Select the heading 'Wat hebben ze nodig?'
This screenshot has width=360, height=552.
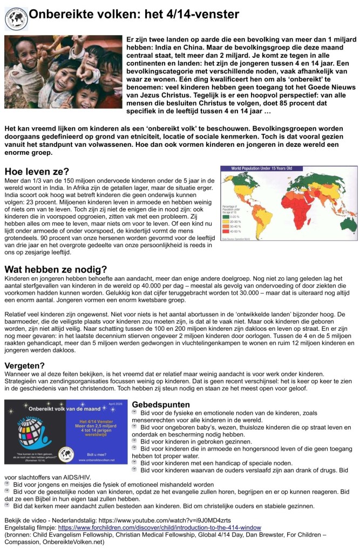tap(56, 269)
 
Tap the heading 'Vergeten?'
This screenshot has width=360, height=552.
tap(25, 365)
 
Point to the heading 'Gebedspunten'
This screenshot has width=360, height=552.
tap(160, 404)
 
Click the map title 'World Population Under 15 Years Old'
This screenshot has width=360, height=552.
tap(262, 169)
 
